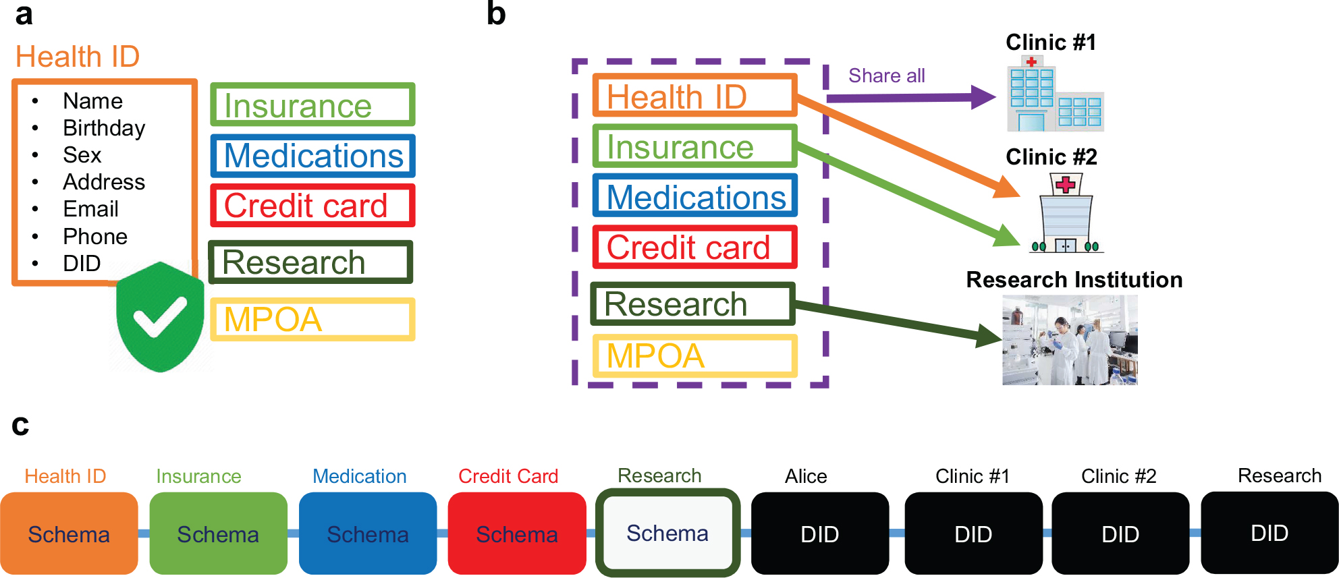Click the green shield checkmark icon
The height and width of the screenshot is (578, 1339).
160,317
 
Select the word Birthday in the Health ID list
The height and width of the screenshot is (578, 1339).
104,128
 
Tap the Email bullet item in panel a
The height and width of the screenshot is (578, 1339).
90,209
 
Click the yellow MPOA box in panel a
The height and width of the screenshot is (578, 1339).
312,319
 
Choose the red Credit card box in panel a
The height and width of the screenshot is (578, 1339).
312,206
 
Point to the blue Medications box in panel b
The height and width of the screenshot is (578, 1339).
695,197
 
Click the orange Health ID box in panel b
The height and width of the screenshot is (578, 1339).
695,96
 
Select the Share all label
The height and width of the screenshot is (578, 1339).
886,76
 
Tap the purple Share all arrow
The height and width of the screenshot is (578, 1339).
911,98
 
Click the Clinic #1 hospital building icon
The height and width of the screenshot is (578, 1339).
1055,94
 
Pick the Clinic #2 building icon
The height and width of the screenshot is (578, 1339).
1066,213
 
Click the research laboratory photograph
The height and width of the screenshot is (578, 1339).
1070,340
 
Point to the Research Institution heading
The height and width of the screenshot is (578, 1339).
1074,279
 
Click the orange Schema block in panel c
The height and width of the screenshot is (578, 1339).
69,533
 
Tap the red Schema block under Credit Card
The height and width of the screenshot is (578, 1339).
517,533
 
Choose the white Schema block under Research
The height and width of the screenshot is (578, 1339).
667,533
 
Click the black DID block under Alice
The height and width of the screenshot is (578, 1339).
819,533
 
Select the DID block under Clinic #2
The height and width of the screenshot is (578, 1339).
1120,533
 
